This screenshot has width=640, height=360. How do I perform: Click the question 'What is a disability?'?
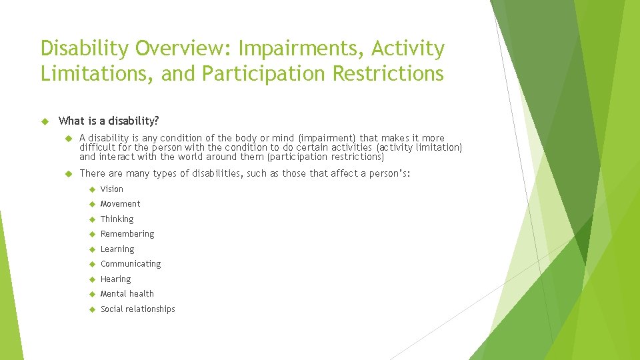point(109,121)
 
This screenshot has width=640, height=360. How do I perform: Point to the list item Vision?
point(111,189)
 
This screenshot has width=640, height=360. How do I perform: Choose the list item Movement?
point(120,204)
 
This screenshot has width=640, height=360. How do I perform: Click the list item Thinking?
point(117,219)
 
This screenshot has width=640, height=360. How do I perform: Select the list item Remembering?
point(127,234)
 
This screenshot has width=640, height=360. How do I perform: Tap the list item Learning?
point(117,249)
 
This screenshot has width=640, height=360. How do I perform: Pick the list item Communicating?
point(131,264)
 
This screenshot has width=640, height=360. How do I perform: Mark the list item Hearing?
point(115,279)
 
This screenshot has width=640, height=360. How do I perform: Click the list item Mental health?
point(127,294)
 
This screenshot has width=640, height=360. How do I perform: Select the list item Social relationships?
point(137,309)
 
